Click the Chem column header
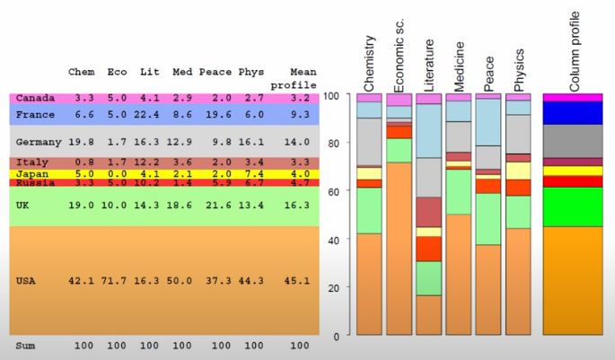coord(82,72)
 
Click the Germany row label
coord(39,142)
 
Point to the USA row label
coord(27,281)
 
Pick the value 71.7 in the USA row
coord(116,281)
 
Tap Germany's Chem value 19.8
coord(82,142)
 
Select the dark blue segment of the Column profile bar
coord(573,112)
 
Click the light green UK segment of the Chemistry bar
coord(369,210)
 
